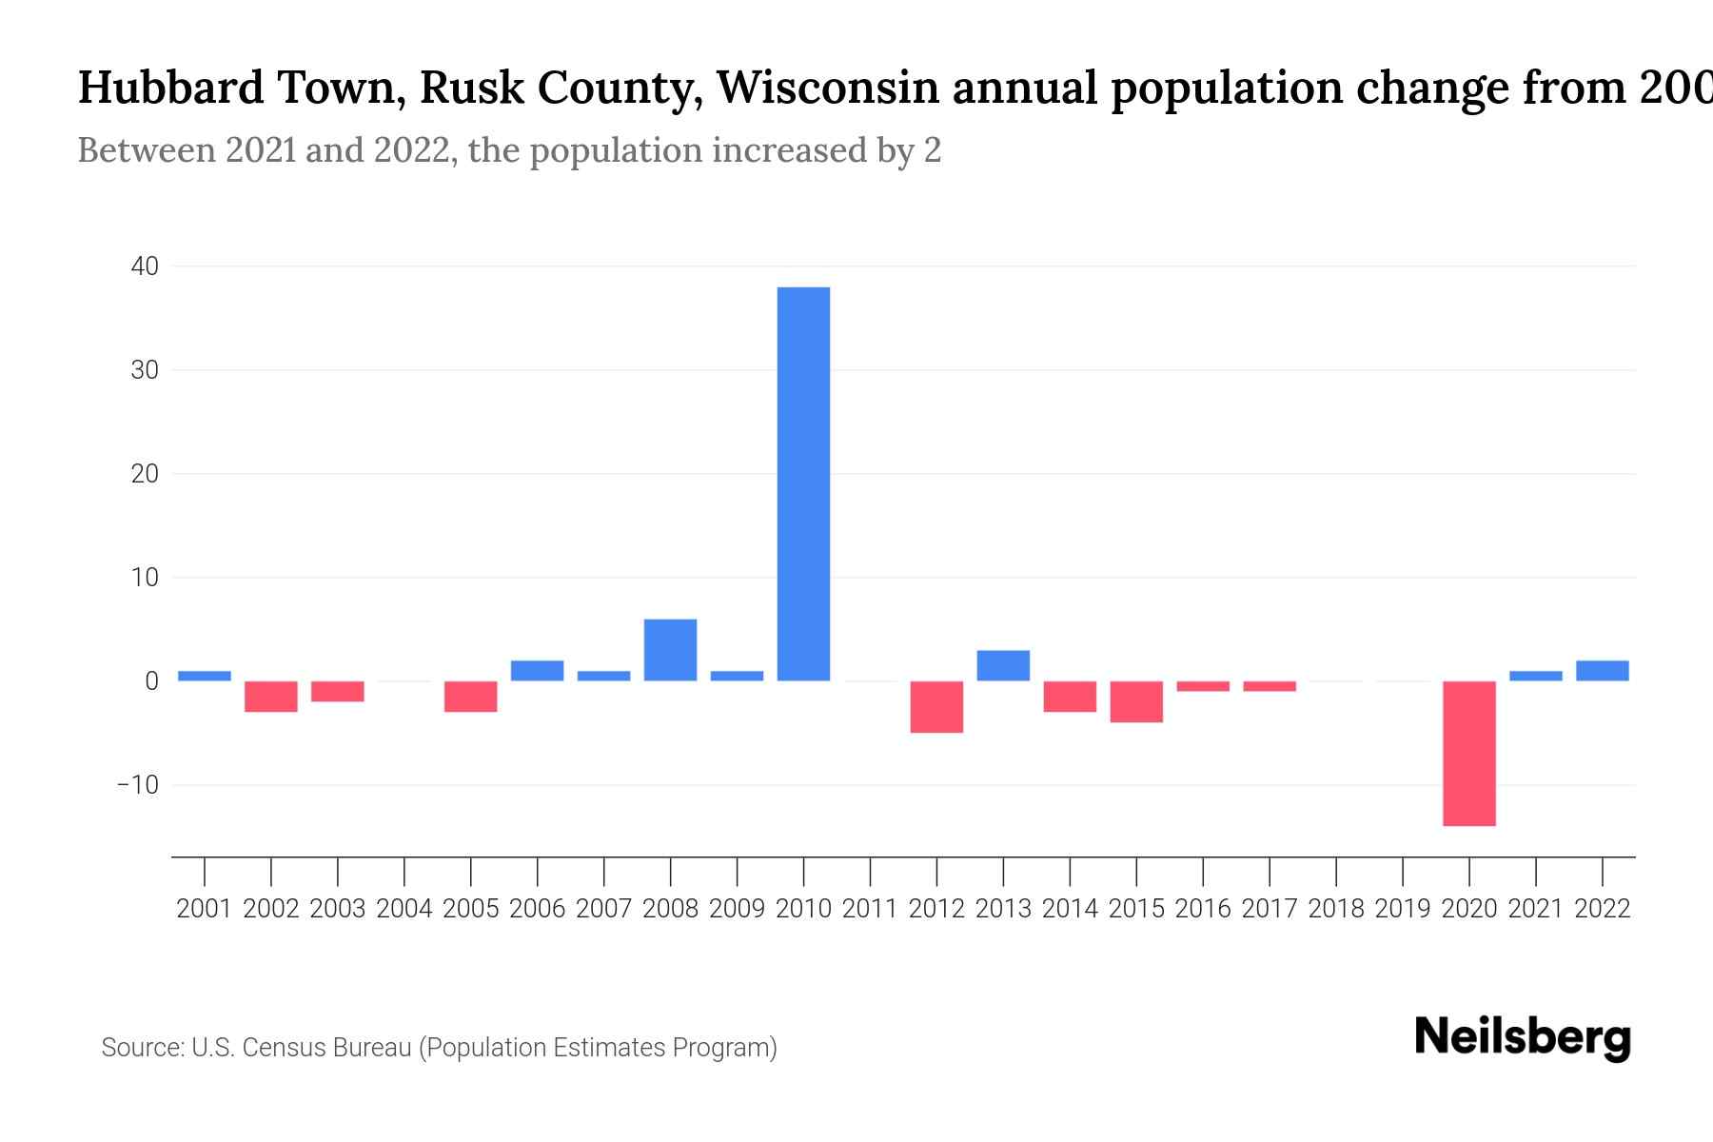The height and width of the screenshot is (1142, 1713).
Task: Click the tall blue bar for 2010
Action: (803, 483)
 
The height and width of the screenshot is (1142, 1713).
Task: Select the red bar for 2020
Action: (1468, 753)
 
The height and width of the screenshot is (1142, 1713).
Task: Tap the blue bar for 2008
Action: (670, 650)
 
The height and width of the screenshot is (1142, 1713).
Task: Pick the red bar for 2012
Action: (936, 706)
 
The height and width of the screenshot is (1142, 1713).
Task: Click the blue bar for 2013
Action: (1003, 665)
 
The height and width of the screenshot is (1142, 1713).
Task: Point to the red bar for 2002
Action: (271, 697)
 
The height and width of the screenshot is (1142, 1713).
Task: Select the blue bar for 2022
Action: (1602, 671)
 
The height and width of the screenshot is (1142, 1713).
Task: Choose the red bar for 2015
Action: (1136, 701)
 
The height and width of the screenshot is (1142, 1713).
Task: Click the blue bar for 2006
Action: (537, 671)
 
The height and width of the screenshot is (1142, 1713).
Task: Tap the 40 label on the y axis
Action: (145, 266)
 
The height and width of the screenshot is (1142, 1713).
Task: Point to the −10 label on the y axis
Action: (137, 785)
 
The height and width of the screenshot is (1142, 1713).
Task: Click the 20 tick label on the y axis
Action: (145, 474)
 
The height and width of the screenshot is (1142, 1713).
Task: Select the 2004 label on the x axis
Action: (404, 909)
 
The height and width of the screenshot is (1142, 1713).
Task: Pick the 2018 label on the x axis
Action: (1336, 909)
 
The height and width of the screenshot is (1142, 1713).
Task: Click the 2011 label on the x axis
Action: (870, 909)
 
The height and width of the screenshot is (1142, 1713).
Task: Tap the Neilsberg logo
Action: (1523, 1037)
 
